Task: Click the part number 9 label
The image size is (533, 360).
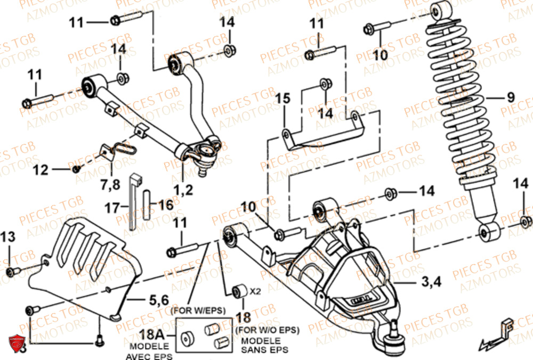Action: (511, 97)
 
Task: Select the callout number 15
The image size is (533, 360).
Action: (282, 99)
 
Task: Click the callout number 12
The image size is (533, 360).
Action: (41, 170)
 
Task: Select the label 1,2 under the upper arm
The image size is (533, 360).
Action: (182, 188)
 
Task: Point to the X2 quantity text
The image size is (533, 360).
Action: (256, 291)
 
